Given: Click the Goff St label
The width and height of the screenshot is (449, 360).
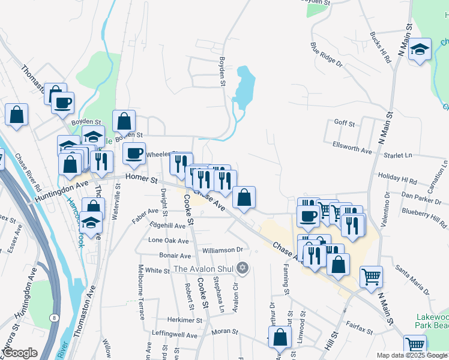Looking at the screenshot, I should [345, 123].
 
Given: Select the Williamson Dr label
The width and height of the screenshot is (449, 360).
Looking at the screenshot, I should [222, 249].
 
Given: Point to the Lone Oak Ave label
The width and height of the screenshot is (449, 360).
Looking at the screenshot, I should [169, 240].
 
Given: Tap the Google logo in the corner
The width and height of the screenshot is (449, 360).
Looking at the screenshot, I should [20, 353].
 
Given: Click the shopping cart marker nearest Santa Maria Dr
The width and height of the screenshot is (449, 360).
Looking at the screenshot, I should [372, 277].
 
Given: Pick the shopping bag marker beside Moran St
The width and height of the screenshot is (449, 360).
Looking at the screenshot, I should [280, 338].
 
